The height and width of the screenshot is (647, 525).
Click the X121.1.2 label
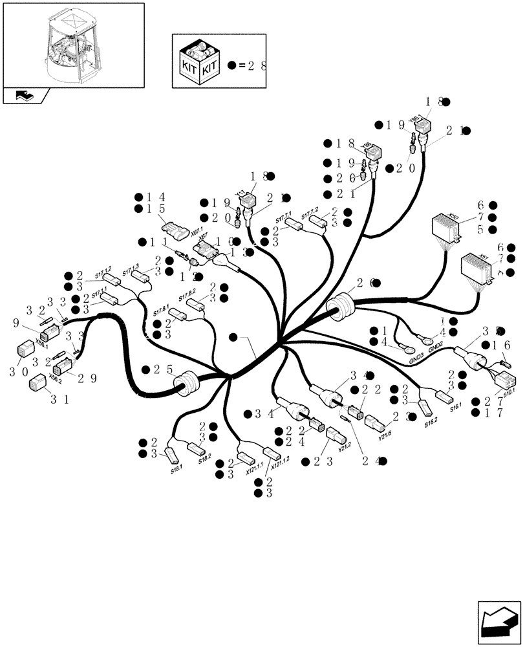[280, 461]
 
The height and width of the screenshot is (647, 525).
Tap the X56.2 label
[56, 382]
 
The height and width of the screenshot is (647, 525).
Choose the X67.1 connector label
[197, 229]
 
